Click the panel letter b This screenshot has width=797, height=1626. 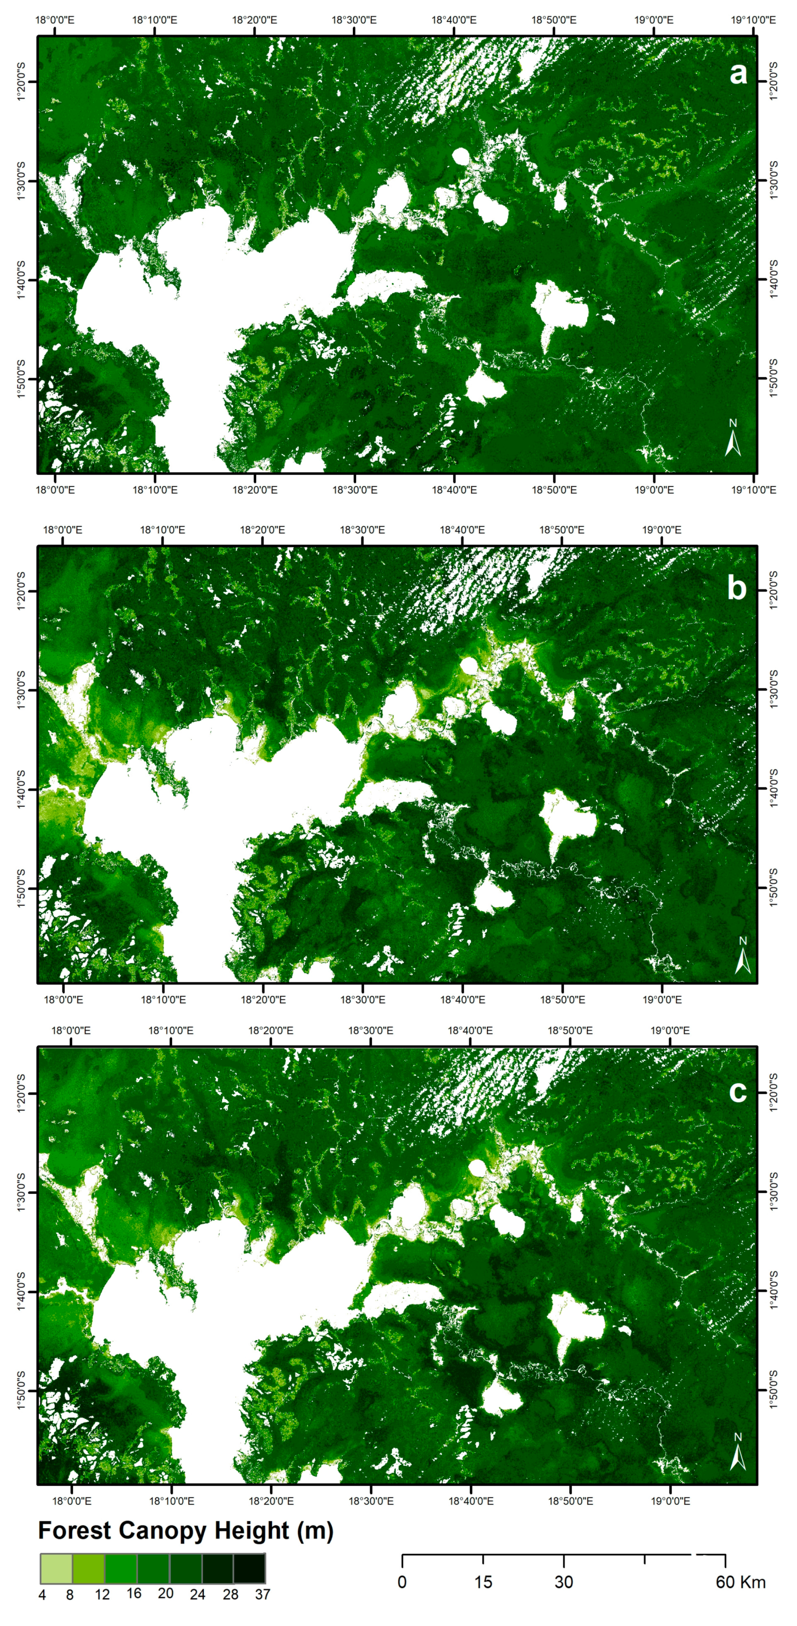737,588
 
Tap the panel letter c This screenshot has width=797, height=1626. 737,1091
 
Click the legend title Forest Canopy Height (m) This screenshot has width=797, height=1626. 186,1530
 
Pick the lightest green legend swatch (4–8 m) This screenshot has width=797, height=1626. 56,1568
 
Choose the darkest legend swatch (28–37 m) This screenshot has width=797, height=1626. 249,1568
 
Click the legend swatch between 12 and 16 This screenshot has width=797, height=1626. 120,1568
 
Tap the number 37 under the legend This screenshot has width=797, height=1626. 262,1595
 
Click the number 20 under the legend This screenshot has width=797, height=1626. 165,1593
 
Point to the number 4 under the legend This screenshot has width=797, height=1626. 42,1595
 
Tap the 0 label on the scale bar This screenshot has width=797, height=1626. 402,1582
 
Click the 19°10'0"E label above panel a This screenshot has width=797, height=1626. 753,20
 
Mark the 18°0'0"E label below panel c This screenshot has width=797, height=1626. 71,1500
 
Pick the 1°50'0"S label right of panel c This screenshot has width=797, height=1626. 774,1389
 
